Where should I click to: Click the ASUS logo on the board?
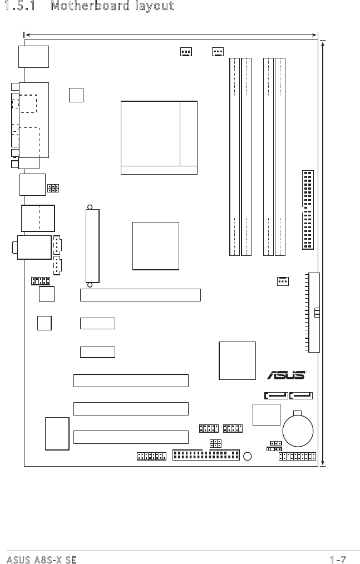tap(287, 375)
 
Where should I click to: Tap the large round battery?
tap(298, 430)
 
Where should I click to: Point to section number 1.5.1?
tap(23, 6)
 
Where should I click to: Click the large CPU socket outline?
tap(159, 137)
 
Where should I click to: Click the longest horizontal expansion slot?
tap(140, 295)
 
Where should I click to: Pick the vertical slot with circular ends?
tap(92, 245)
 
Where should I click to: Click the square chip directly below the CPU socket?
tap(156, 246)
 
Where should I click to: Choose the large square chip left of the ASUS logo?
tap(238, 360)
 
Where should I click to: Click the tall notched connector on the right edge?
tap(314, 312)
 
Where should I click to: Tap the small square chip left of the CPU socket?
tap(77, 95)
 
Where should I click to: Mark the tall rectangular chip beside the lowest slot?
tap(57, 433)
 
